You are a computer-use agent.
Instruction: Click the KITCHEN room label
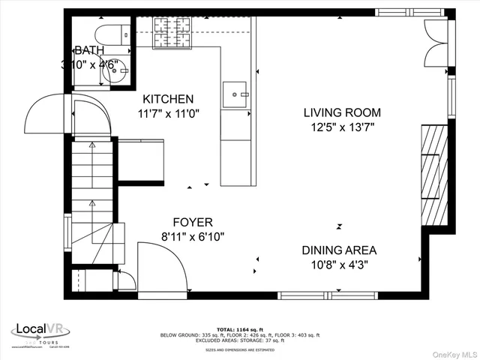tap(169, 99)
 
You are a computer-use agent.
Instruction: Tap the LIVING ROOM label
tap(341, 112)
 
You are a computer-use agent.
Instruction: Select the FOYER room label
tap(193, 222)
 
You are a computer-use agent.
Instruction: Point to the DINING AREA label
tap(339, 250)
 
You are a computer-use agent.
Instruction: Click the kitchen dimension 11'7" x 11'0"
tap(169, 114)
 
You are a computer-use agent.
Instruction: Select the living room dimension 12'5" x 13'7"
tap(341, 127)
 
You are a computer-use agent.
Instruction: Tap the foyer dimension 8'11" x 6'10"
tap(193, 236)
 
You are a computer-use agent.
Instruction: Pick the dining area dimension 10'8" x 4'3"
tap(339, 265)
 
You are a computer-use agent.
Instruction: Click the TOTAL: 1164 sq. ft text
tap(238, 329)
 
